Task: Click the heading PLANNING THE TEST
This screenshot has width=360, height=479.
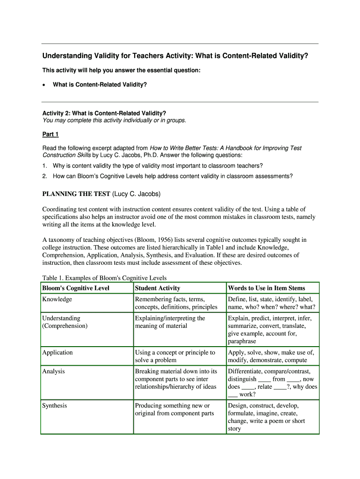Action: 76,194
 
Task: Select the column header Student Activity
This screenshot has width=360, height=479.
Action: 157,288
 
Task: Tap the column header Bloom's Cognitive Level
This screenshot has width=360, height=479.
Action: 76,288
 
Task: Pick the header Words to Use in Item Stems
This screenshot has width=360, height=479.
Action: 266,288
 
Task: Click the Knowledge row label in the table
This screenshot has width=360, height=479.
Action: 57,299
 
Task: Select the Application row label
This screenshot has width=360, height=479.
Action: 58,353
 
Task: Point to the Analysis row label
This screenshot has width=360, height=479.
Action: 53,371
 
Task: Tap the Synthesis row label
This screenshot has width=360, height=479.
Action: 55,406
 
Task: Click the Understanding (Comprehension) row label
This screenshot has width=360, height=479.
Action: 65,322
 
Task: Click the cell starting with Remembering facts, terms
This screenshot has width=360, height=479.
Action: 176,303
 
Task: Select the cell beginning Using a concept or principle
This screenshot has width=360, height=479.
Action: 175,356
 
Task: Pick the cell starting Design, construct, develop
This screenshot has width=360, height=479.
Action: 266,417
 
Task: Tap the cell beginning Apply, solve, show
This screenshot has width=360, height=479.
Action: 271,356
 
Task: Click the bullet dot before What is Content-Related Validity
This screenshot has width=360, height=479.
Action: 44,85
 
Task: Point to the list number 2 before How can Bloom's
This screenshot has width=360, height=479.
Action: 44,176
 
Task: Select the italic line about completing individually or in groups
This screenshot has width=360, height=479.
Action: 115,120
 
